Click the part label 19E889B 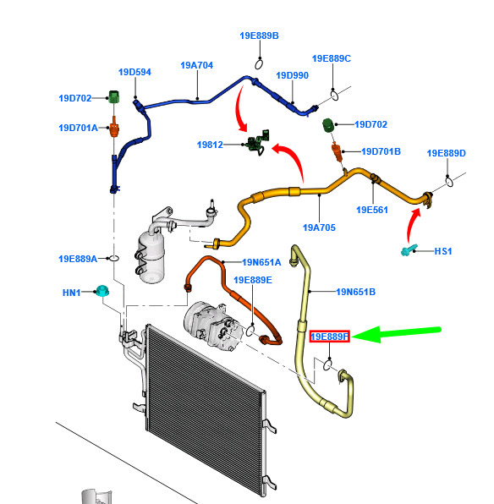(259, 36)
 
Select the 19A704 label (197, 65)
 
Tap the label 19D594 (134, 72)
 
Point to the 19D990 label (293, 75)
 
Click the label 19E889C (332, 58)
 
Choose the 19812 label (210, 145)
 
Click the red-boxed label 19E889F (330, 337)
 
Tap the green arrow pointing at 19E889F (397, 334)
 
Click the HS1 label (443, 251)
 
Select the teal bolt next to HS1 (409, 250)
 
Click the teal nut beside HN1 (102, 290)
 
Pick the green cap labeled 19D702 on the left (113, 96)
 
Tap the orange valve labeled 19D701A (114, 128)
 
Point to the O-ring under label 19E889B (259, 64)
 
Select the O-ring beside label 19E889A (114, 258)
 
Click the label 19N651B (356, 292)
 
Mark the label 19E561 (372, 210)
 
